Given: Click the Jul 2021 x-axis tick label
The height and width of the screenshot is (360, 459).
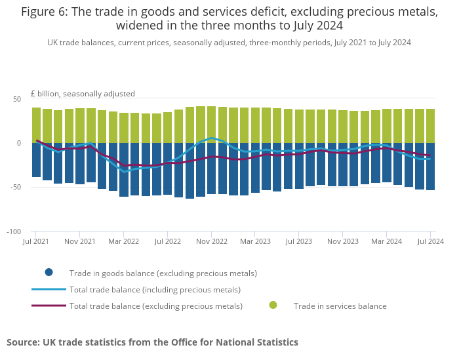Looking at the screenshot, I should point(36,242).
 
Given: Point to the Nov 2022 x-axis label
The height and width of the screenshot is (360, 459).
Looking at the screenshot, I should point(212,242).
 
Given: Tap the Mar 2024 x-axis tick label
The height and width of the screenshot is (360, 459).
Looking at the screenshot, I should point(387,242).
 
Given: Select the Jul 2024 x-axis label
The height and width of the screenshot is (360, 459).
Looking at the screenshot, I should point(430,242).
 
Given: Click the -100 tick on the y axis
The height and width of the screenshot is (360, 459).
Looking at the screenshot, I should point(13,232).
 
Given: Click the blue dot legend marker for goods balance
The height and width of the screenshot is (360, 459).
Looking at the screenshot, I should point(49,273).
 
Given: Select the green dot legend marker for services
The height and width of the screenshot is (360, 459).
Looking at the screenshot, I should point(273,305).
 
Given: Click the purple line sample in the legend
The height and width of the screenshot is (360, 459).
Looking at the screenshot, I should point(49,306).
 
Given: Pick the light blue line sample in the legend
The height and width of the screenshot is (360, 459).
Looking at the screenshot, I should point(49,289).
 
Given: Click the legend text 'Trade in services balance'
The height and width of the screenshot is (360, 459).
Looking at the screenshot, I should point(340,306).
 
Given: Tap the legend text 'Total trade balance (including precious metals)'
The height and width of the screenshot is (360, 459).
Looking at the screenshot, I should point(155,289).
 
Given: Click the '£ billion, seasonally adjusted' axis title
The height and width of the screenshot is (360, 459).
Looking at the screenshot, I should point(83,94).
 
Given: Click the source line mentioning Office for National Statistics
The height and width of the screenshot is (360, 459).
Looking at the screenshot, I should point(152,342).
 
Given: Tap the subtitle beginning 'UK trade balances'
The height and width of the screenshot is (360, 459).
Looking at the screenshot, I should point(229,42).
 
